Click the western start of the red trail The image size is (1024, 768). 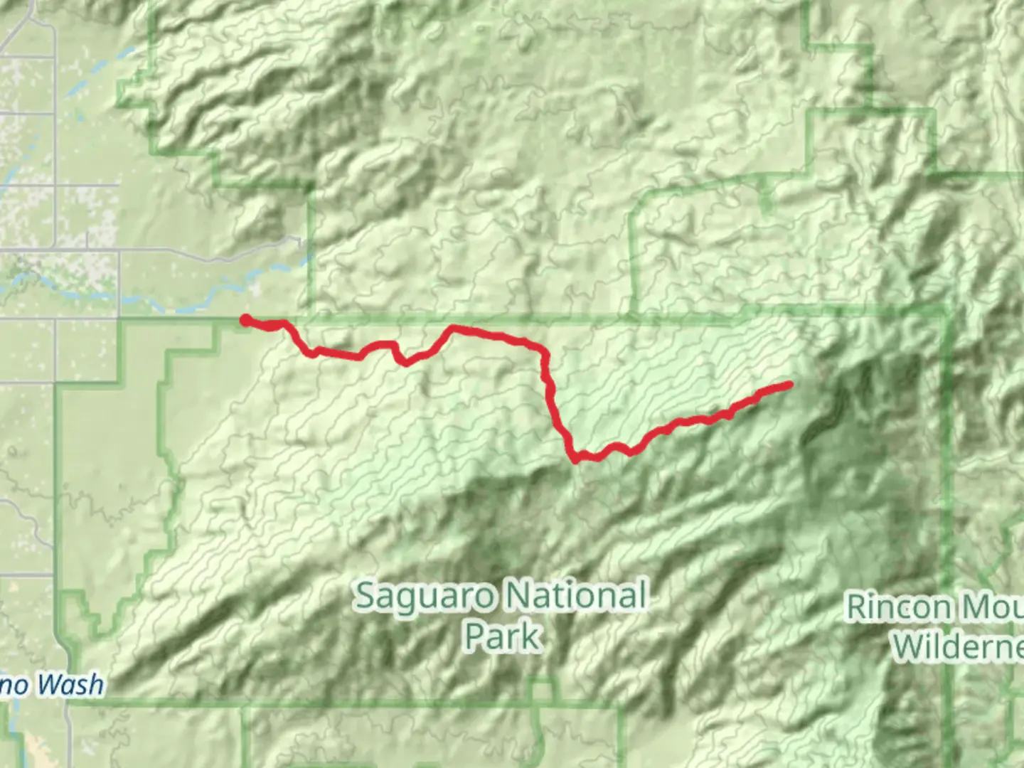click(245, 320)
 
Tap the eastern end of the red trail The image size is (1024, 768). click(789, 385)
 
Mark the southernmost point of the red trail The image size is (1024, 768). click(575, 460)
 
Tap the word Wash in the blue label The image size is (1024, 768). click(70, 685)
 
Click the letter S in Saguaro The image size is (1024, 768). click(366, 596)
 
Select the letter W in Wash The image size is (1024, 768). click(48, 685)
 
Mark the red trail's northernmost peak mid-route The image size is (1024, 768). click(452, 328)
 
